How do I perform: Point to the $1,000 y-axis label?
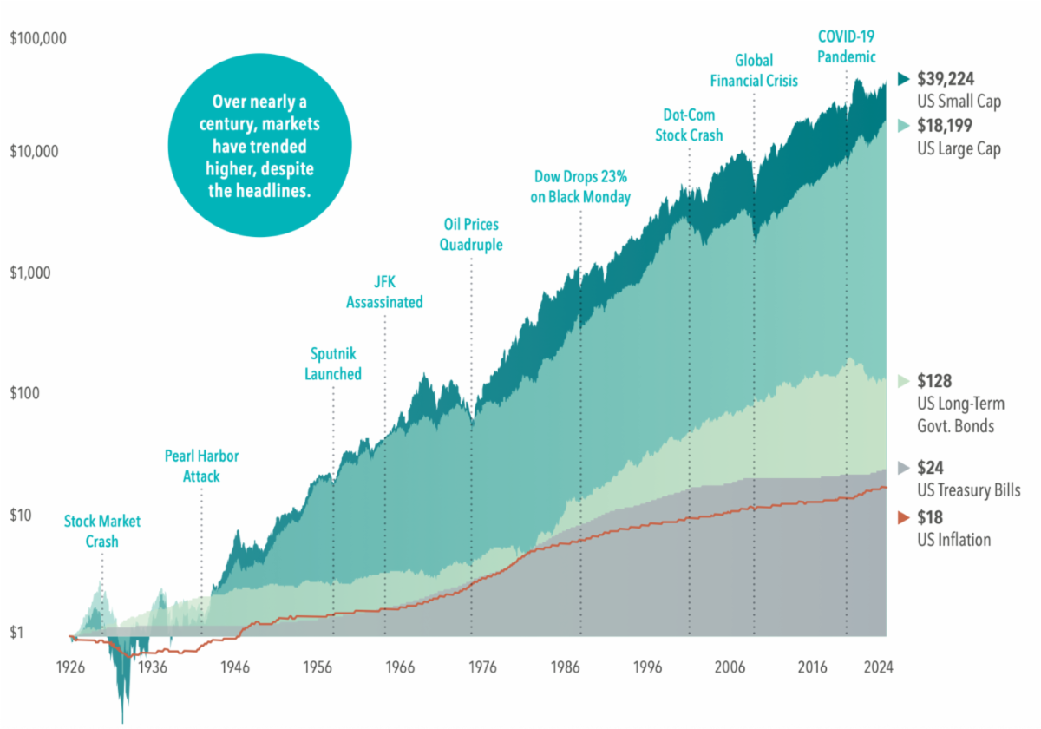click(31, 273)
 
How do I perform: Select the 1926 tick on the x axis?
click(70, 668)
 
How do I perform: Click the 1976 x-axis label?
click(482, 668)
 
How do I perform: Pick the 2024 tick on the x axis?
click(877, 668)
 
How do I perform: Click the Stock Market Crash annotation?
click(101, 531)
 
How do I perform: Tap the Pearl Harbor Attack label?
click(201, 466)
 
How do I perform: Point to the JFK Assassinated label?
click(384, 292)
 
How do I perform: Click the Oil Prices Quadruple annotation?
click(471, 234)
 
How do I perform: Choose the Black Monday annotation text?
click(580, 187)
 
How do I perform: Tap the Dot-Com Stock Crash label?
click(690, 125)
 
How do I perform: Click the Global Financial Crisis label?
click(754, 70)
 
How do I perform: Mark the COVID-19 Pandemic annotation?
click(846, 47)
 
